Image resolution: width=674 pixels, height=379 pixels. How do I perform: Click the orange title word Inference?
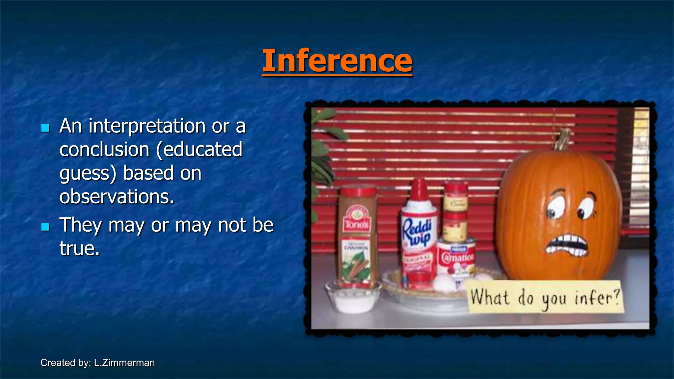pos(337,61)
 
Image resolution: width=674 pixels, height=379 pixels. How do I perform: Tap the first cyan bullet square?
pos(45,128)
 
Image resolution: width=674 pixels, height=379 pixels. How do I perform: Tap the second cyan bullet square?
pos(45,227)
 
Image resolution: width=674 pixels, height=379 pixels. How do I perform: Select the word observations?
pos(117,197)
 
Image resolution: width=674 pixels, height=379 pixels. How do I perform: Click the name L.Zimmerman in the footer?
pos(124,363)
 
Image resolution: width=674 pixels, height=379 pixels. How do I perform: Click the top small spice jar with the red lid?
pos(456,196)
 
